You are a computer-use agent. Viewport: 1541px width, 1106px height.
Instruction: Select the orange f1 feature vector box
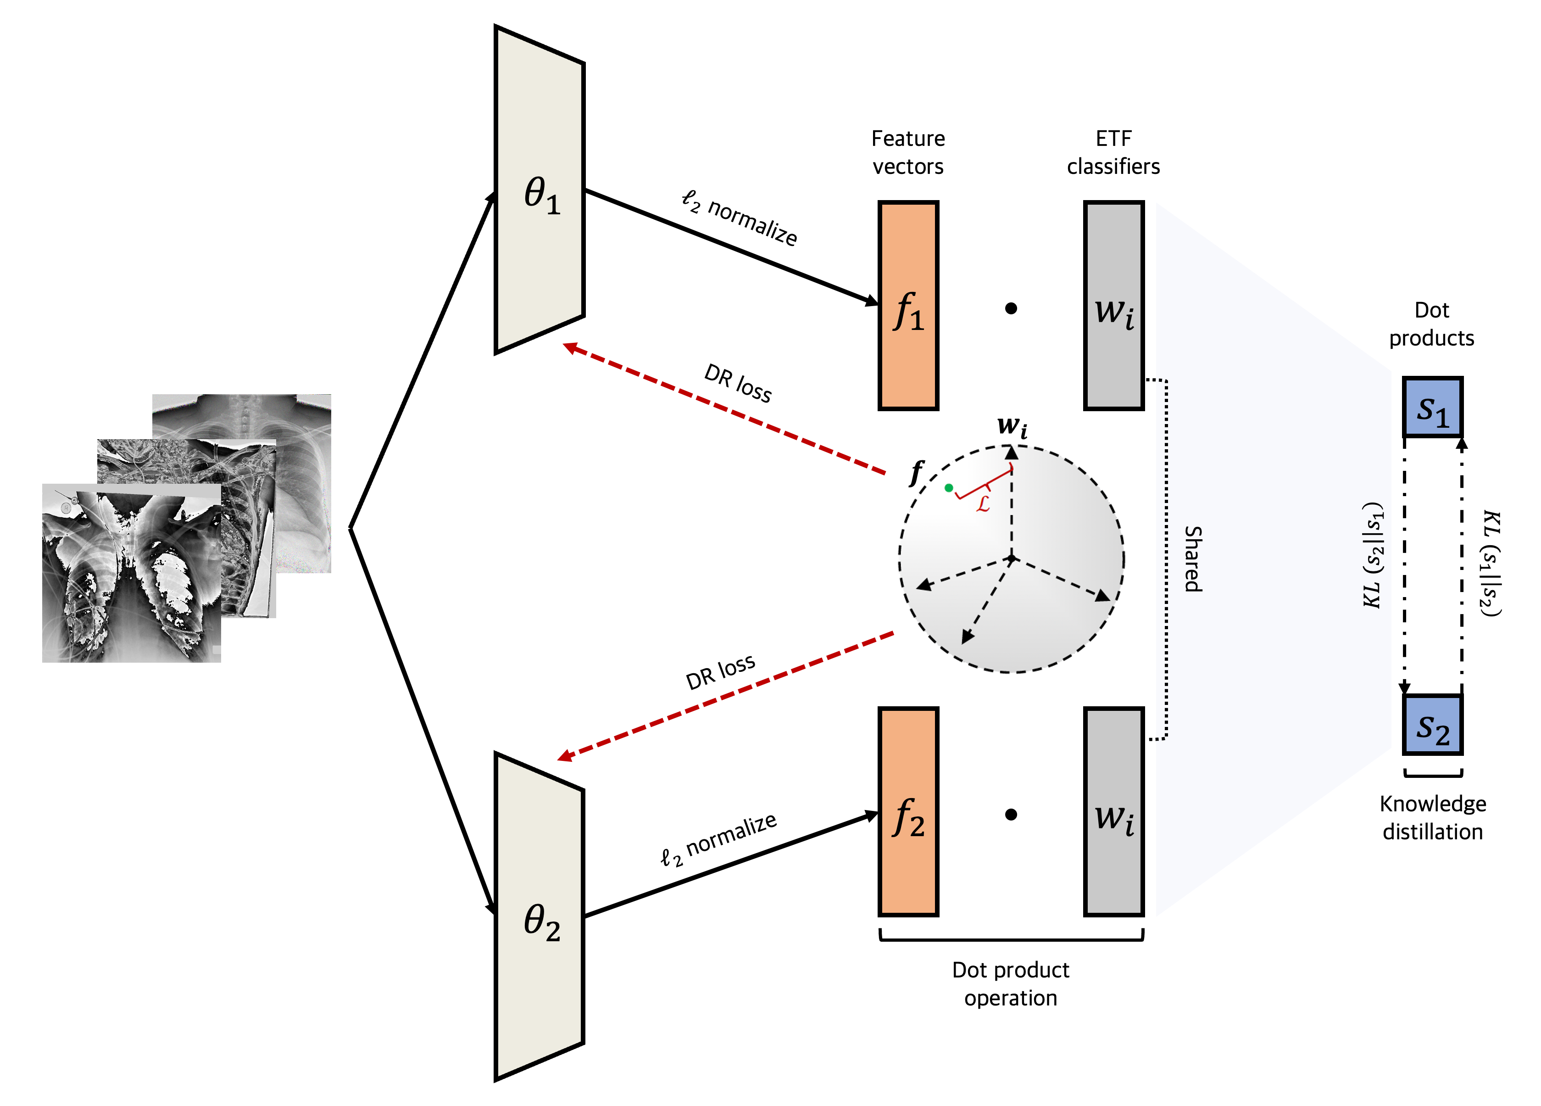[908, 306]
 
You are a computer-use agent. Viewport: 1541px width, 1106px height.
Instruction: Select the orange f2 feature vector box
[908, 812]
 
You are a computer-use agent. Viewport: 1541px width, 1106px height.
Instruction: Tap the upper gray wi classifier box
[1113, 306]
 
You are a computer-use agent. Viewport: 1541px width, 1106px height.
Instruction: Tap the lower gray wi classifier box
[1113, 812]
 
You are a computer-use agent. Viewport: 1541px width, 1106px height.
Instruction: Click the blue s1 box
[1432, 407]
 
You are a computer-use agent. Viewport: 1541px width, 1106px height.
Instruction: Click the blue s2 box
[1432, 725]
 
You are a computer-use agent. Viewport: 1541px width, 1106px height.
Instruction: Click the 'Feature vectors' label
[908, 152]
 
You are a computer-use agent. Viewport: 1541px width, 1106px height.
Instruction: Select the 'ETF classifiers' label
[1113, 152]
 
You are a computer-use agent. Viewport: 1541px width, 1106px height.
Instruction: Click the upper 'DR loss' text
[738, 383]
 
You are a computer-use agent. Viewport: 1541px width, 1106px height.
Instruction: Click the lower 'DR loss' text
[720, 671]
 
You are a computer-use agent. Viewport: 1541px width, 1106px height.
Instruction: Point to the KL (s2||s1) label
[1373, 555]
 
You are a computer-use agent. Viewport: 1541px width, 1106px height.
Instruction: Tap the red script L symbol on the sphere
[983, 504]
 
